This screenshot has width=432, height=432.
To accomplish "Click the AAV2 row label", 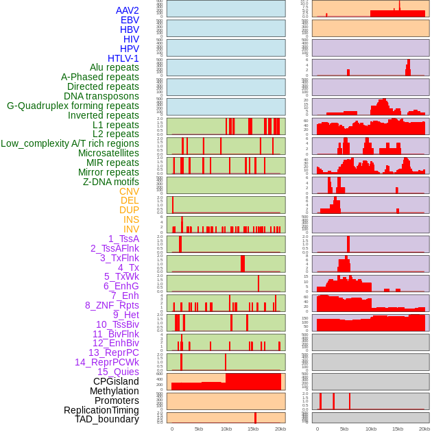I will pyautogui.click(x=128, y=10).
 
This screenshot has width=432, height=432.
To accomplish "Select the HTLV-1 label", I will pyautogui.click(x=123, y=58).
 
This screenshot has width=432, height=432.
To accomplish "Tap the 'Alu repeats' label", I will pyautogui.click(x=115, y=67).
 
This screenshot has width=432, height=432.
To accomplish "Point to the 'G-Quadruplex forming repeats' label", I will pyautogui.click(x=73, y=106).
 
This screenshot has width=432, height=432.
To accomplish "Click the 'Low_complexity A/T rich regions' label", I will pyautogui.click(x=70, y=143).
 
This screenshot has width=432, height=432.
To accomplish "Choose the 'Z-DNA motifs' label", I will pyautogui.click(x=111, y=182).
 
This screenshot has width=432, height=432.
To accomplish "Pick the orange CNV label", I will pyautogui.click(x=129, y=191).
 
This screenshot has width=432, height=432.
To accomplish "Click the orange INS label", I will pyautogui.click(x=131, y=219).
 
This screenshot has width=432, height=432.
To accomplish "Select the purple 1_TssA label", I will pyautogui.click(x=123, y=239).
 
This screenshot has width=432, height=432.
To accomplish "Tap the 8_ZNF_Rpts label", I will pyautogui.click(x=112, y=305).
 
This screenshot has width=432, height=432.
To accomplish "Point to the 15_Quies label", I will pyautogui.click(x=118, y=372).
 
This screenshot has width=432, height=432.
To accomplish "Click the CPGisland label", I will pyautogui.click(x=116, y=381).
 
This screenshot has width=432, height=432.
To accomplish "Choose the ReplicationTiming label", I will pyautogui.click(x=101, y=410).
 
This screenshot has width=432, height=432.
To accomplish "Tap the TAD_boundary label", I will pyautogui.click(x=107, y=419).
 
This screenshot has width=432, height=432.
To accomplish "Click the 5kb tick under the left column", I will pyautogui.click(x=199, y=429).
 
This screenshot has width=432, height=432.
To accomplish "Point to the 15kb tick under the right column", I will pyautogui.click(x=398, y=429).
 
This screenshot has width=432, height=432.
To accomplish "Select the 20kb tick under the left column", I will pyautogui.click(x=280, y=429).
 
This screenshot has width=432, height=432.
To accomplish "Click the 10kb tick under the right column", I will pyautogui.click(x=371, y=429).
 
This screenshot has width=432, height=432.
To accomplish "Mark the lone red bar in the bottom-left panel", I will pyautogui.click(x=255, y=418).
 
